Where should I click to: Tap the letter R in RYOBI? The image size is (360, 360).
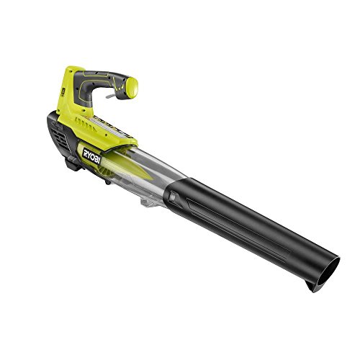pos(86,157)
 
